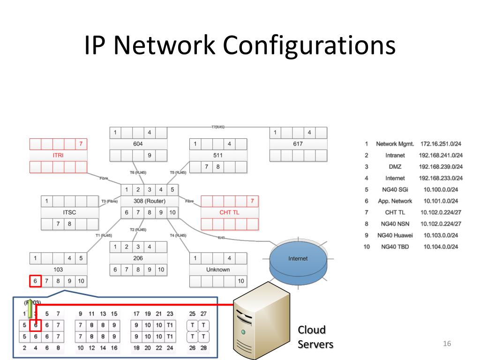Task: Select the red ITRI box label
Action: point(58,155)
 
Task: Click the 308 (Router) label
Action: point(150,201)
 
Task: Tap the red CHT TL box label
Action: point(229,212)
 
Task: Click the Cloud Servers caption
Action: point(315,337)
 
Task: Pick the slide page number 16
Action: point(447,345)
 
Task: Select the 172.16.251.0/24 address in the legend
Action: point(441,144)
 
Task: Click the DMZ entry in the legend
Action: point(395,167)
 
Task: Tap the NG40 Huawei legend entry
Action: point(395,235)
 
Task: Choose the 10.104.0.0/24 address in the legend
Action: point(441,247)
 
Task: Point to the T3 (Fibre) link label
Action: point(109,201)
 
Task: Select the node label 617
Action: point(298,143)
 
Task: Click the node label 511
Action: point(218,155)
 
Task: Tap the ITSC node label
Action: point(69,212)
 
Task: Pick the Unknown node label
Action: point(218,270)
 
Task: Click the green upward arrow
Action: point(30,308)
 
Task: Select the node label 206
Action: point(138,258)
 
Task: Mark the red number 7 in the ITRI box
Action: point(81,144)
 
